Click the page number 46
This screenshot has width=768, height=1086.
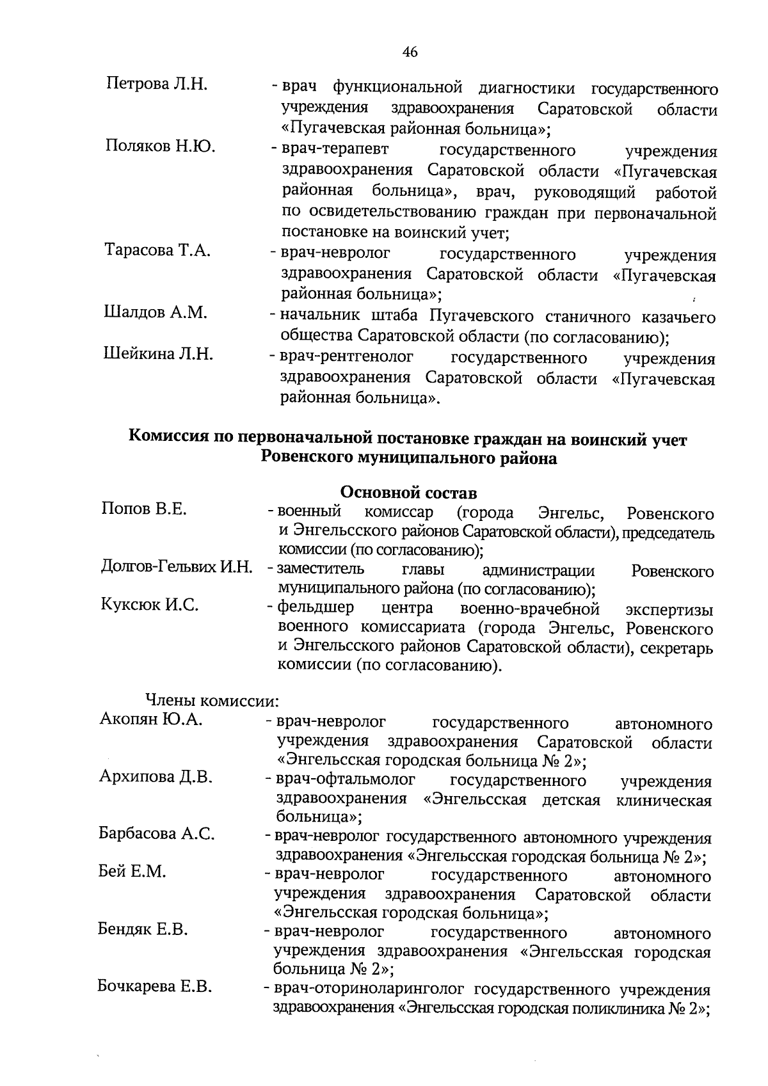point(410,52)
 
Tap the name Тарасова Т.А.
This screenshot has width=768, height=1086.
point(157,250)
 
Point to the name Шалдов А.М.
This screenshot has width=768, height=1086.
point(156,312)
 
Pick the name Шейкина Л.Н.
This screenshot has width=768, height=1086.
point(158,354)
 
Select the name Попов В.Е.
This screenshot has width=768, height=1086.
point(144,509)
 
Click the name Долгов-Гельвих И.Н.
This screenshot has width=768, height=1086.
point(177,566)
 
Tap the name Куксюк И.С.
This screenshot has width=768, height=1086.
point(150,605)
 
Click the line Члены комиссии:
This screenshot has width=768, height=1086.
point(213,700)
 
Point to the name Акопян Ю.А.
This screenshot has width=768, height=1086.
point(151,719)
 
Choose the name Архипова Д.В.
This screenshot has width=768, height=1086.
point(156,777)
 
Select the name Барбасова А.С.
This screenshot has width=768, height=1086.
point(157,833)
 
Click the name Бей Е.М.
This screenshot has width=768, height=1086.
point(132,871)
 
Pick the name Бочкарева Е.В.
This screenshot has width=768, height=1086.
point(155,986)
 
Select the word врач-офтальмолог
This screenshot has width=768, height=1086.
point(345,780)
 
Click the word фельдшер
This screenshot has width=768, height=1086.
point(314,607)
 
